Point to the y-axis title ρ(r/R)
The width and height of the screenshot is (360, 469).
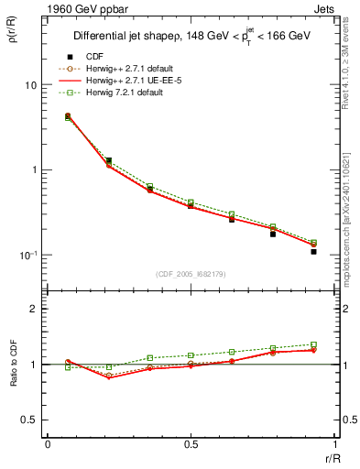tap(18, 36)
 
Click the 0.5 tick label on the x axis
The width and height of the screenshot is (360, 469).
tap(191, 444)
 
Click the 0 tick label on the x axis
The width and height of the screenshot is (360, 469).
tap(48, 444)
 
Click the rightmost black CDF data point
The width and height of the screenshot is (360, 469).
tap(313, 251)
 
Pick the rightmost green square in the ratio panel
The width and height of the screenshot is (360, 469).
tap(313, 344)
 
